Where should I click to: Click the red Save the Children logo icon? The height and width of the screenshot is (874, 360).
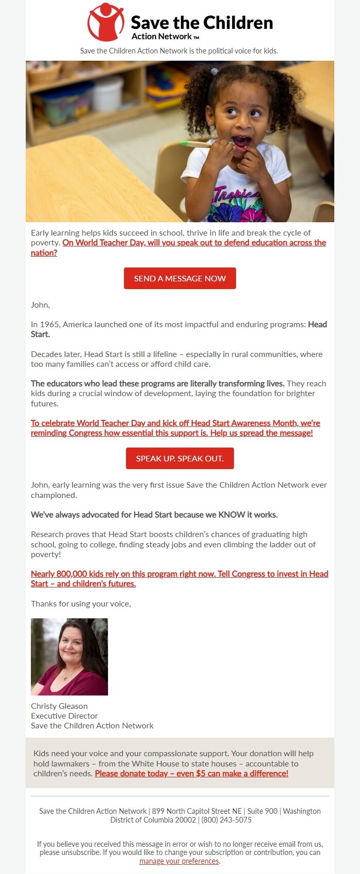(x=105, y=22)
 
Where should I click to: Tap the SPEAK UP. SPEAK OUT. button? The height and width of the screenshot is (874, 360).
(x=180, y=458)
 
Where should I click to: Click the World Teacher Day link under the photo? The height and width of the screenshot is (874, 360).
(x=194, y=243)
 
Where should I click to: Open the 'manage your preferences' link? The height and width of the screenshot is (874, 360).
(x=179, y=861)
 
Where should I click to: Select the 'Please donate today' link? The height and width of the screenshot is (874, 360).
(x=191, y=774)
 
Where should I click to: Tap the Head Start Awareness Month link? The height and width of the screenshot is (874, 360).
(x=175, y=428)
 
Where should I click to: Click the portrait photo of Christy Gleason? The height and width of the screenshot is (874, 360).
(x=69, y=657)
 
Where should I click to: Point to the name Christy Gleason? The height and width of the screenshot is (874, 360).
(x=59, y=706)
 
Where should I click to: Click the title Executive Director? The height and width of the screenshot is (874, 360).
(x=64, y=716)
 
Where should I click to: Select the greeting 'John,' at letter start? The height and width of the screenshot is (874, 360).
(x=40, y=305)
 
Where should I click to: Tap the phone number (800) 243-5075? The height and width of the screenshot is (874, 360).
(x=226, y=820)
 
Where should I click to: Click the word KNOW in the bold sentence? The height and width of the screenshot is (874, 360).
(x=231, y=515)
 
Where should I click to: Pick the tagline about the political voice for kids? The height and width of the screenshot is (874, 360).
(x=179, y=51)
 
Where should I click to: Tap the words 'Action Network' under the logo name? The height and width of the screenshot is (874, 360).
(x=161, y=37)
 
